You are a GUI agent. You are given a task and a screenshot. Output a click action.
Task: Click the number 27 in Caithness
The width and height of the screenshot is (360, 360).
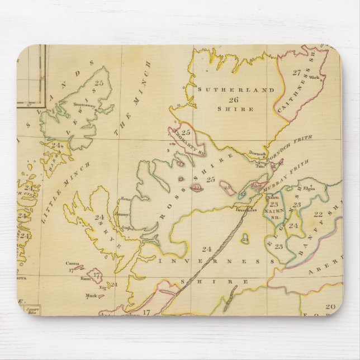tap(296, 72)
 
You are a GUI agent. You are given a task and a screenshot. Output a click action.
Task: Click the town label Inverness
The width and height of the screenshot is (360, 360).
tap(245, 210)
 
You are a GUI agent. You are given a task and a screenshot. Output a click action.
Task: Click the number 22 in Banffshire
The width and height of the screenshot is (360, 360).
tap(318, 214)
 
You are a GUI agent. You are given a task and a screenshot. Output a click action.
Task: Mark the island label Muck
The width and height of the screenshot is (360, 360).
tap(89, 296)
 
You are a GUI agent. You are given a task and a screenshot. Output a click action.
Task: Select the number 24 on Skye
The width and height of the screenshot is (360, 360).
tap(101, 217)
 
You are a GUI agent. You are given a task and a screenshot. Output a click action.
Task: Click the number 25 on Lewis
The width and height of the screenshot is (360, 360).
tap(100, 83)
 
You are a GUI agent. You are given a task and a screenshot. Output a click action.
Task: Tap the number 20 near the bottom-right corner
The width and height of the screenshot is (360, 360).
tap(330, 306)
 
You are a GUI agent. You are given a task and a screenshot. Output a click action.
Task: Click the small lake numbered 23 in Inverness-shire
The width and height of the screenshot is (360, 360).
tap(245, 238)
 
